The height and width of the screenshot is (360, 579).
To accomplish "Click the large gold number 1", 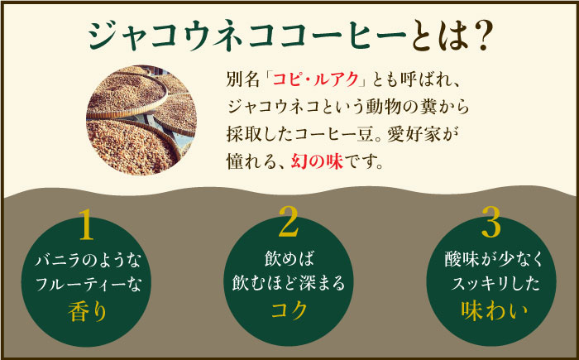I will coord(88,224).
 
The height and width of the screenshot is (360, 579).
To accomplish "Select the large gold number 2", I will coord(289,223).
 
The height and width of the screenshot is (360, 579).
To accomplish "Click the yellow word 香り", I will coord(88,312).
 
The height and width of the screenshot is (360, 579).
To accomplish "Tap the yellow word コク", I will coord(289,311).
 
